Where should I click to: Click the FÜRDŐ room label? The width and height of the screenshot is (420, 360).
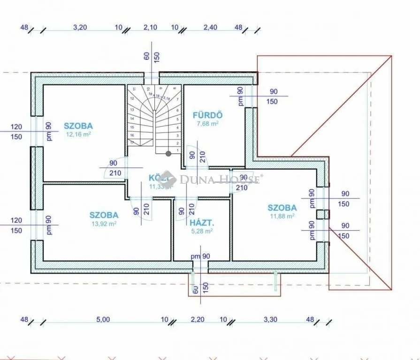click(x=207, y=115)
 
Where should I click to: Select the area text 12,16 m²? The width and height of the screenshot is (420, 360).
click(x=78, y=134)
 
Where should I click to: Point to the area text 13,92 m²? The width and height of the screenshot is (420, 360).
click(x=104, y=224)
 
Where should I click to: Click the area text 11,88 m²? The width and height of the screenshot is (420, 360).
click(x=282, y=216)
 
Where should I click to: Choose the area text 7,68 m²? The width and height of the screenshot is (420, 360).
click(x=207, y=124)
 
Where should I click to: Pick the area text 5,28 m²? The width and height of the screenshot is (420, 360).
click(x=201, y=231)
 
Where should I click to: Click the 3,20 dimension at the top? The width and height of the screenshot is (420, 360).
click(x=80, y=28)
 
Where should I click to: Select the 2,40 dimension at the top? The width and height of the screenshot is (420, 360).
click(x=210, y=28)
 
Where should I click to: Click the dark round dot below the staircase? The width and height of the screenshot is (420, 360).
click(x=168, y=153)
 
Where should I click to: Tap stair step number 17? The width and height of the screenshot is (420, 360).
click(x=133, y=142)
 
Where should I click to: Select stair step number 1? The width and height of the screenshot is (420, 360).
click(x=176, y=149)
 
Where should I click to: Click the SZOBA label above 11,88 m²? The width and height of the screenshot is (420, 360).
click(x=282, y=208)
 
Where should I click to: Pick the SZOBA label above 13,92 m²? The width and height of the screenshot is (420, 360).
click(x=104, y=215)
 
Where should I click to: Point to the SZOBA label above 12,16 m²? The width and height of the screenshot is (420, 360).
click(x=78, y=126)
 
